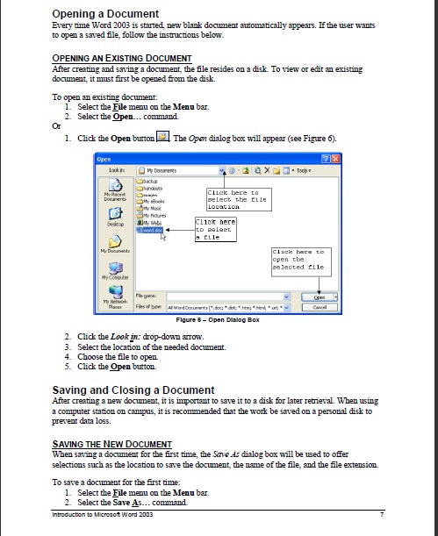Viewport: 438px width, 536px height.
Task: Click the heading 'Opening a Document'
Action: tap(106, 14)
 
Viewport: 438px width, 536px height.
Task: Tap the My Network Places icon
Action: tap(112, 297)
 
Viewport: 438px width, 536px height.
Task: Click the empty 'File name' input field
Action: tap(236, 297)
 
